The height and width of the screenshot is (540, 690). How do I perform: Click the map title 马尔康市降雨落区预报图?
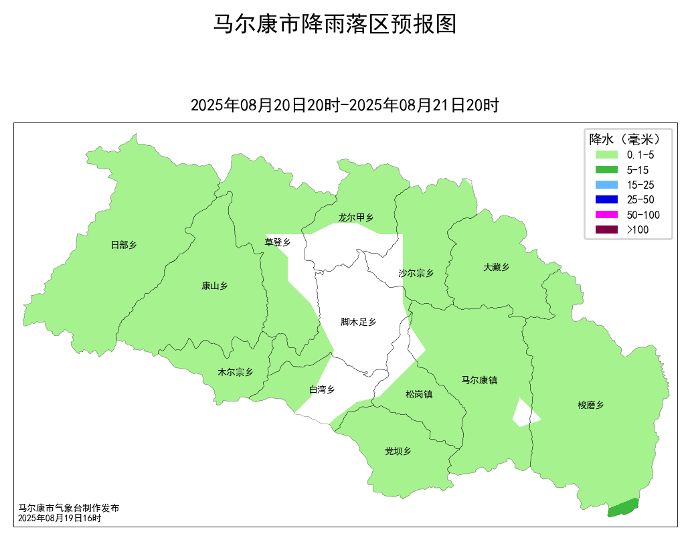pyautogui.click(x=335, y=24)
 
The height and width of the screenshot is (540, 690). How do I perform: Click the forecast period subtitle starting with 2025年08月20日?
pyautogui.click(x=345, y=105)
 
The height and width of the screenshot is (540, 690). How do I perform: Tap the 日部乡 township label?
pyautogui.click(x=124, y=245)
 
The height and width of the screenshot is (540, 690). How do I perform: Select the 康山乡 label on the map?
pyautogui.click(x=214, y=286)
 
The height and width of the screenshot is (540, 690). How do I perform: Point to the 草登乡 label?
pyautogui.click(x=277, y=242)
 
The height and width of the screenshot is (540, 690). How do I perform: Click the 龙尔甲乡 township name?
pyautogui.click(x=355, y=217)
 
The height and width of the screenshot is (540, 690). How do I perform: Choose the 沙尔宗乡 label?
pyautogui.click(x=416, y=273)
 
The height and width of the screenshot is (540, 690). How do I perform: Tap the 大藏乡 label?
pyautogui.click(x=496, y=267)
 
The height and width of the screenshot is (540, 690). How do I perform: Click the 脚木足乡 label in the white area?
pyautogui.click(x=358, y=322)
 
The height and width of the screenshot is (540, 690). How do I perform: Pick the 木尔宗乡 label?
pyautogui.click(x=236, y=372)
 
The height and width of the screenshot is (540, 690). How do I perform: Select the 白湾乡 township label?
pyautogui.click(x=321, y=389)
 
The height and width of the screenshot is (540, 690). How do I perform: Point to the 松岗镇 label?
pyautogui.click(x=419, y=394)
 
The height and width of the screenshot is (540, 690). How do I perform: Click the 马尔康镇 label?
pyautogui.click(x=479, y=380)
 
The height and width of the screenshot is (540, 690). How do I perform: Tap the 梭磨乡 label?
pyautogui.click(x=591, y=405)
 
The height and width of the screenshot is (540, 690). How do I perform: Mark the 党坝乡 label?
pyautogui.click(x=398, y=451)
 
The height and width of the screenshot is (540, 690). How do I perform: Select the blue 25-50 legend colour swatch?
pyautogui.click(x=606, y=199)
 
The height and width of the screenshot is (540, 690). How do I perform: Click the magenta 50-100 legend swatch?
pyautogui.click(x=606, y=215)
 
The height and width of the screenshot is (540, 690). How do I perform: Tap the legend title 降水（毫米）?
pyautogui.click(x=625, y=139)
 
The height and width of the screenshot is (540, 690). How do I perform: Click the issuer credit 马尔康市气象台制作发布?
pyautogui.click(x=68, y=509)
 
